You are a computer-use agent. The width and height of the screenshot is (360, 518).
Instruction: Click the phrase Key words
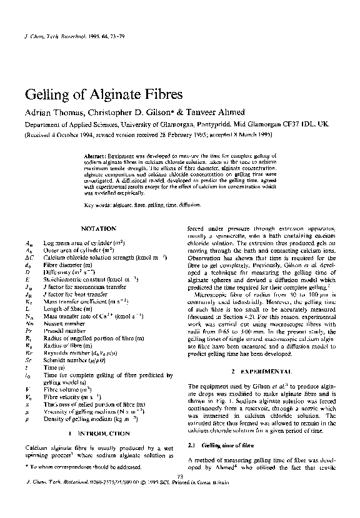point(97,205)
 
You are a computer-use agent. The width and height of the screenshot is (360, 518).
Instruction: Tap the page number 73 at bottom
point(180,477)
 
